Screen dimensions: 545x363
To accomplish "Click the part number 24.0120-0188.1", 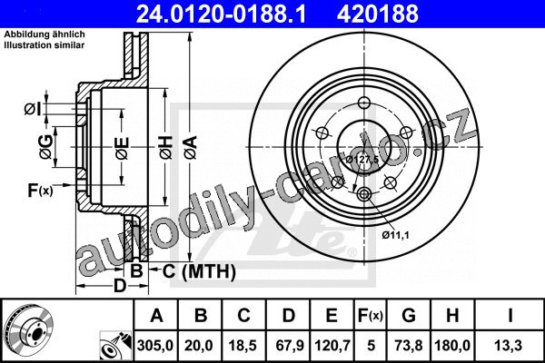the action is [221, 14].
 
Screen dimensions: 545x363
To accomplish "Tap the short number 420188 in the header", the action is [378, 14].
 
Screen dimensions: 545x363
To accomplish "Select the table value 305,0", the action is [155, 346].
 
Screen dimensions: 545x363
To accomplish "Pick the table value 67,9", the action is [290, 346].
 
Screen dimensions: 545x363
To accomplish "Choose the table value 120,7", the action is [332, 346].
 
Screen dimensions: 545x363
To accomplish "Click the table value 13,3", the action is [510, 346].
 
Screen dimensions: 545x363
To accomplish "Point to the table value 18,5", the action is [243, 346].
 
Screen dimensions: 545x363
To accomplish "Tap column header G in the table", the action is [409, 316].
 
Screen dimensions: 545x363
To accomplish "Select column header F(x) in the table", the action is [371, 316].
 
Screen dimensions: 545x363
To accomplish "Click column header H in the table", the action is [452, 316].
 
